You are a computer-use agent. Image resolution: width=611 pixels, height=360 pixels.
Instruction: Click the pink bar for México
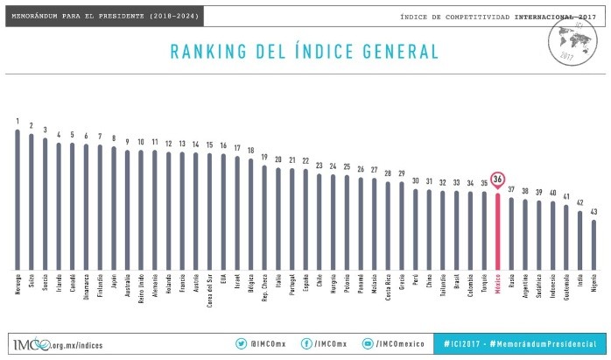(x=497, y=231)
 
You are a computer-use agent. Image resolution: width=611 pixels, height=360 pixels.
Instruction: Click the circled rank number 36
(x=497, y=180)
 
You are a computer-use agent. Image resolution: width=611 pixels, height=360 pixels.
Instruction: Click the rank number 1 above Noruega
(x=17, y=121)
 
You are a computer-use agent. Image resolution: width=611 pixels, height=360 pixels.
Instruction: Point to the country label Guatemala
(x=566, y=288)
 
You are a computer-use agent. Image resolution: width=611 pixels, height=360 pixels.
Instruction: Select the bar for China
(x=429, y=229)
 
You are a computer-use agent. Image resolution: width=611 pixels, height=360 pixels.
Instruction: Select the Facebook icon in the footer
(x=307, y=344)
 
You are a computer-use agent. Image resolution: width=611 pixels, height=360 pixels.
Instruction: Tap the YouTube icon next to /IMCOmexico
(x=369, y=344)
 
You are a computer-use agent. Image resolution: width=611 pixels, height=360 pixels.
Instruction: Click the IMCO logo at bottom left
(x=32, y=344)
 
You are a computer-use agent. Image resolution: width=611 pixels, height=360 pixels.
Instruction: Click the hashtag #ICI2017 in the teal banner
(x=463, y=344)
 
